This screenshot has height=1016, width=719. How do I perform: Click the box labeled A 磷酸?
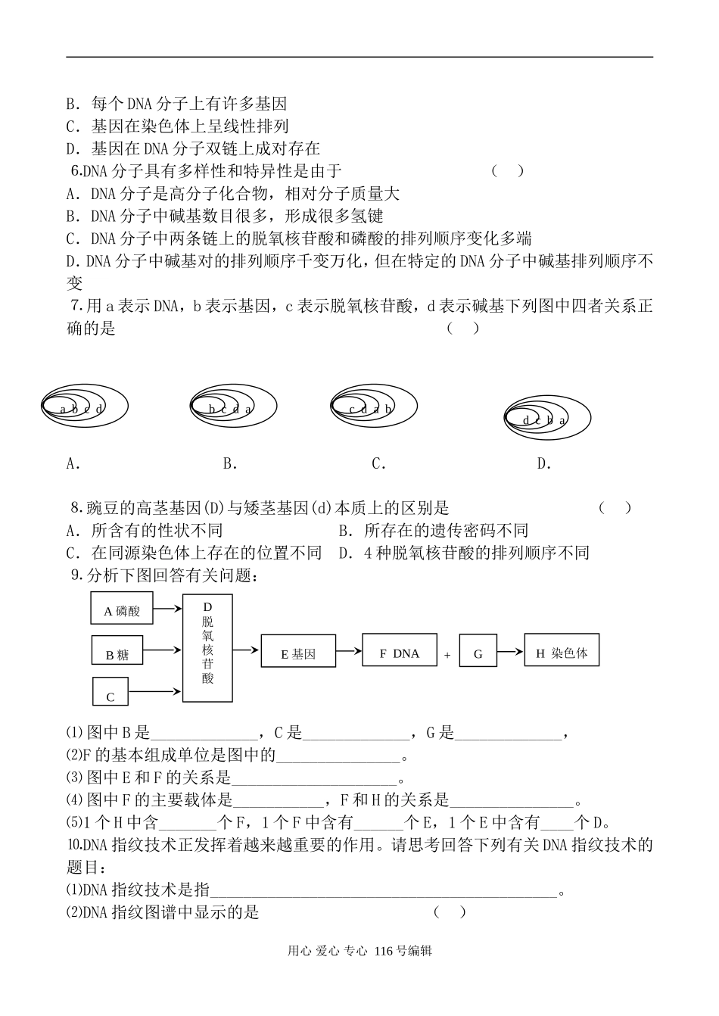[x=122, y=608]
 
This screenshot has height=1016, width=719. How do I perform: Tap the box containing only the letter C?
[x=110, y=692]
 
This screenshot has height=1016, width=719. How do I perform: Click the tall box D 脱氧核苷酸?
[x=207, y=648]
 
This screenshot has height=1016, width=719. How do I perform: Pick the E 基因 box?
[x=298, y=651]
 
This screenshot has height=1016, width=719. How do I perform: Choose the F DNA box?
[x=400, y=650]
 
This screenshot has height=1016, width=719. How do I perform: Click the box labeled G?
[x=478, y=652]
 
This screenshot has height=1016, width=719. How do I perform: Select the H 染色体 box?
[x=562, y=650]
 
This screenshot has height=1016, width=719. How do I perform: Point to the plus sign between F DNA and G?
[x=447, y=655]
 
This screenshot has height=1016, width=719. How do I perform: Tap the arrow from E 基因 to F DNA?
[x=349, y=650]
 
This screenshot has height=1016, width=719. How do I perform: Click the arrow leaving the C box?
[x=155, y=690]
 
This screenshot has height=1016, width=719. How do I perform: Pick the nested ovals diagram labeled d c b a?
[x=546, y=419]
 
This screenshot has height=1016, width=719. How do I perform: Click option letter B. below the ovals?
[x=230, y=464]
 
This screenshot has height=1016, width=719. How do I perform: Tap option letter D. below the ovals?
[x=543, y=464]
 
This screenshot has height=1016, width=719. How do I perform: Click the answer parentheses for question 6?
[x=507, y=171]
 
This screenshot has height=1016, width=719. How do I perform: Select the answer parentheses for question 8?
[x=615, y=508]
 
